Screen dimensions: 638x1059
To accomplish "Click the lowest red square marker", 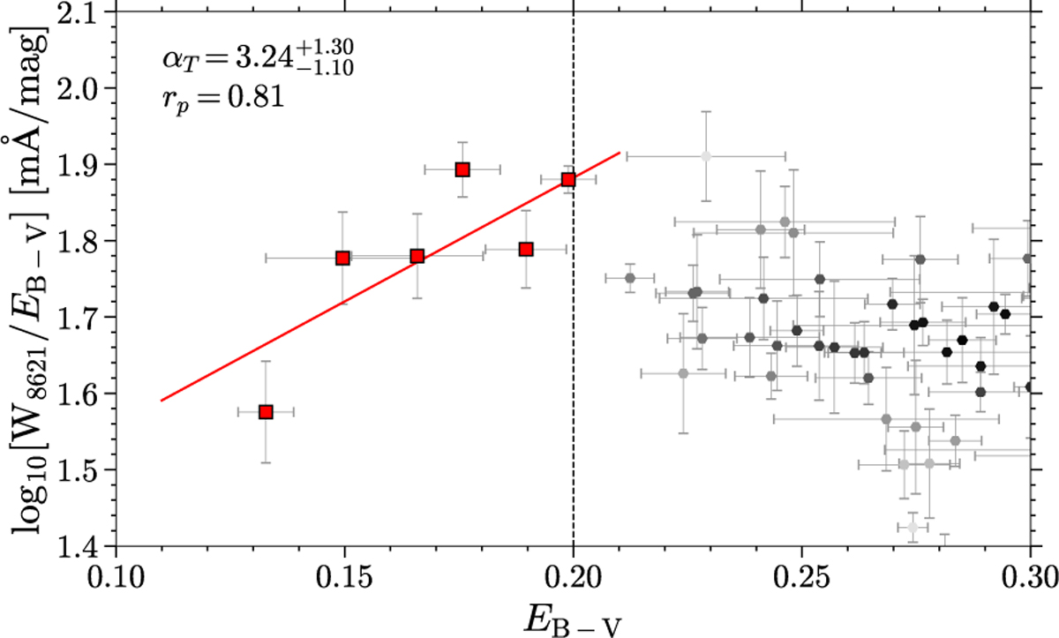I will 266,411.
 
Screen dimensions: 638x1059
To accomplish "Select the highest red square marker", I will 462,169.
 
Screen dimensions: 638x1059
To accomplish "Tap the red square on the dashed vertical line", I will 568,179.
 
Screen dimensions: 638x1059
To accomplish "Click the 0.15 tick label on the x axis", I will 344,580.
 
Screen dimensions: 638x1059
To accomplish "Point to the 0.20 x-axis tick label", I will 574,580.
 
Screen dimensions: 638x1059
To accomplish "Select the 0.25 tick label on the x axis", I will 801,580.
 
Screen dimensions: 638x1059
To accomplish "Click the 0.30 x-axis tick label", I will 1029,580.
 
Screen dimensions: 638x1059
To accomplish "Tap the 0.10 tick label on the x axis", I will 116,580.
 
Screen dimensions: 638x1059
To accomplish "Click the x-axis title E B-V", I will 574,617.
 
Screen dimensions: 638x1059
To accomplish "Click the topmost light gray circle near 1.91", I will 705,156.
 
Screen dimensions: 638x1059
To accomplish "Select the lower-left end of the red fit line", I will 161,401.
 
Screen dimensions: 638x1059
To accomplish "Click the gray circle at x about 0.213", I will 630,278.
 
